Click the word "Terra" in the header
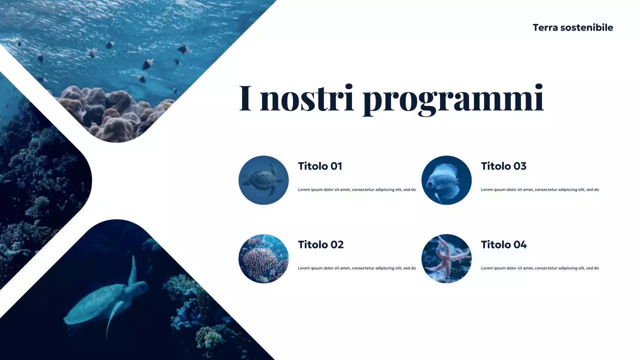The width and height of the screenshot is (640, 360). [x=544, y=27]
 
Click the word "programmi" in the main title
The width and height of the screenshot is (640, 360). [x=453, y=98]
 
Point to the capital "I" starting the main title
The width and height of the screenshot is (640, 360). [x=245, y=98]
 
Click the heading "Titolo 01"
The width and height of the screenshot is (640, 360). [x=320, y=166]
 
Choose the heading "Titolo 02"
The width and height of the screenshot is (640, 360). [x=321, y=244]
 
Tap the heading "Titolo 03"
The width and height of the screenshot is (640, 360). [x=503, y=166]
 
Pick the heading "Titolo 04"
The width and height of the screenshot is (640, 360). [x=503, y=244]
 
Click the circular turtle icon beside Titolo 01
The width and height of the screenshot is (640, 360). [x=263, y=180]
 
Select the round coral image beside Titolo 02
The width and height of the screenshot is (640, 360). [x=263, y=258]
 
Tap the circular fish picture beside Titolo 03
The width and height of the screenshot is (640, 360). [x=446, y=180]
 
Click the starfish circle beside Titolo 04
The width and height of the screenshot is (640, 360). [x=446, y=258]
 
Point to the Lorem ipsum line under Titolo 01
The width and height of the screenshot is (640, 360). [x=357, y=190]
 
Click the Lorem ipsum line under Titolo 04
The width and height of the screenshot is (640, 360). [x=540, y=268]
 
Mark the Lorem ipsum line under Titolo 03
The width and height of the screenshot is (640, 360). [x=540, y=190]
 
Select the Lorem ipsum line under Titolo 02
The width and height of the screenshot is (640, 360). [x=357, y=268]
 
